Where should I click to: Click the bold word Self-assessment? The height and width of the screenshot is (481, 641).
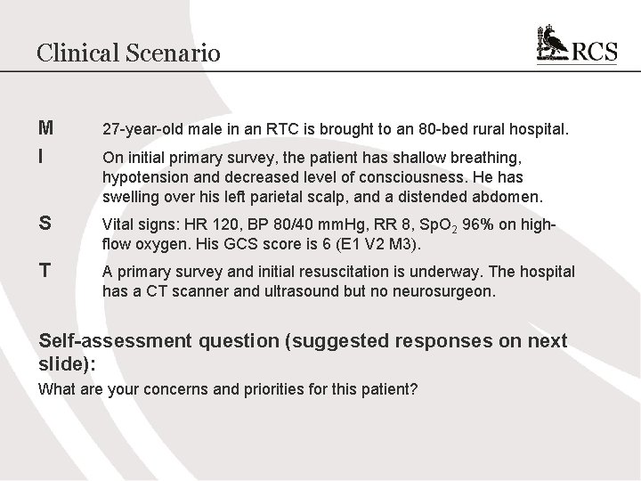click(114, 341)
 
